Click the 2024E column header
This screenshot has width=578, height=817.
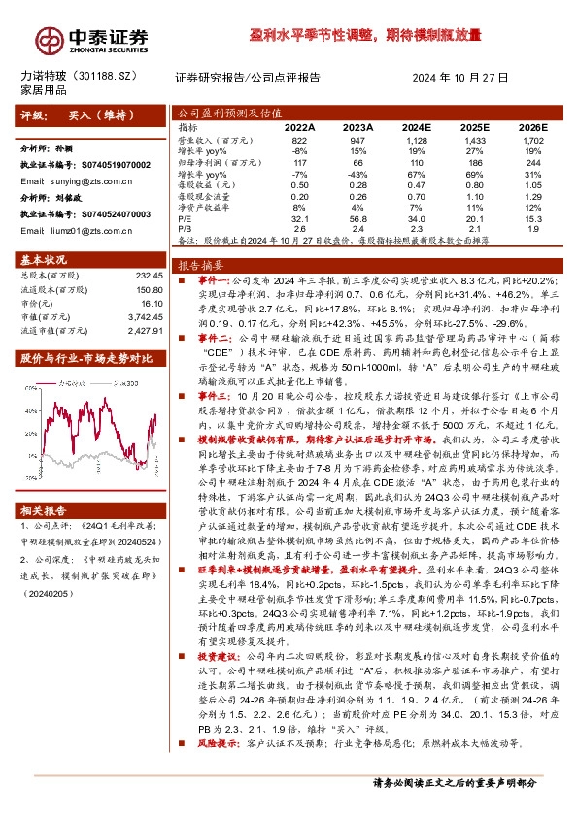(414, 127)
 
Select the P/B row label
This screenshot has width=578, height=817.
(187, 228)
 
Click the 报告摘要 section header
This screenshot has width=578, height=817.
(200, 264)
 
